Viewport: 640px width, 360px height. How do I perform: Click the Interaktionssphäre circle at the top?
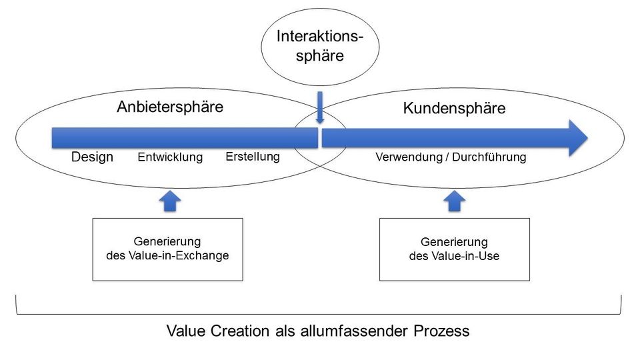320,45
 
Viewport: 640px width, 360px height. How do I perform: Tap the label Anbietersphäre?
170,107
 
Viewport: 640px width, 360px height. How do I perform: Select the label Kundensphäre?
454,108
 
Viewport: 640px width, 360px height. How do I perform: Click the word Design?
92,157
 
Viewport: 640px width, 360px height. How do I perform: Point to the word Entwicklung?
170,158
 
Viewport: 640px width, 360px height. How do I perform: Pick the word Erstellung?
253,157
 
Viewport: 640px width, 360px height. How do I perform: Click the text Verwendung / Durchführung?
451,158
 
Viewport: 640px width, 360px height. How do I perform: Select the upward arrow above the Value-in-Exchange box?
171,200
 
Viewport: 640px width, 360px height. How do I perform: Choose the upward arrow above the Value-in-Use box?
455,200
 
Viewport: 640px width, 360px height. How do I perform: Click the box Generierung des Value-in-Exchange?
167,249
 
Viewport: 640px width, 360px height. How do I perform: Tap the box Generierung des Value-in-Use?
454,249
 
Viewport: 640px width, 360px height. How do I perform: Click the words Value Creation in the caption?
210,331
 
